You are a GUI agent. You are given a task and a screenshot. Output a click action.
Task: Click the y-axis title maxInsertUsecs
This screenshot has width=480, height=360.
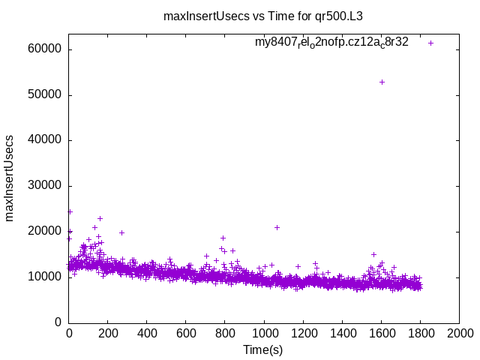point(10,178)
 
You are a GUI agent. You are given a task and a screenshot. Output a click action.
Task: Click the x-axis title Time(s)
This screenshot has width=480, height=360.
point(262,349)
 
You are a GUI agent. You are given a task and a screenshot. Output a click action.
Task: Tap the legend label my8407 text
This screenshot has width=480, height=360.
point(331,42)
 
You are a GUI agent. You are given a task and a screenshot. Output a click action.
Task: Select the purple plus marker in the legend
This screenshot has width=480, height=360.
point(430,43)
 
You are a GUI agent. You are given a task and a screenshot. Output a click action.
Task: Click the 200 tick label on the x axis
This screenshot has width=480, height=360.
point(108,334)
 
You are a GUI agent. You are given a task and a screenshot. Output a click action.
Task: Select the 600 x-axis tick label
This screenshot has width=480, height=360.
point(186,334)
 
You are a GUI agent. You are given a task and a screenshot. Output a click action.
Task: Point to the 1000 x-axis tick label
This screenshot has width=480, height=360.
point(264,334)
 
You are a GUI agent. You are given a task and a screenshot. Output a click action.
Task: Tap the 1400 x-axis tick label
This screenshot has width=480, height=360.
point(342,334)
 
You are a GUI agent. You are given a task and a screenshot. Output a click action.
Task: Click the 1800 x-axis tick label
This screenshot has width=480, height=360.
point(420,334)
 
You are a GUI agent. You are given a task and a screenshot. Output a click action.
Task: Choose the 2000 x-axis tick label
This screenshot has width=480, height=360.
point(459,334)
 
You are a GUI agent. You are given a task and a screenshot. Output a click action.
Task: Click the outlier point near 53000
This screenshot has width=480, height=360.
point(382,82)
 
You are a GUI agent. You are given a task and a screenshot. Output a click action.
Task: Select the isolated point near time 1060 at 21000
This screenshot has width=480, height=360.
point(277,227)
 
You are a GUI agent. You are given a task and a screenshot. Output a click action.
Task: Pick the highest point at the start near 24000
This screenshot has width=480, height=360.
point(70,211)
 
